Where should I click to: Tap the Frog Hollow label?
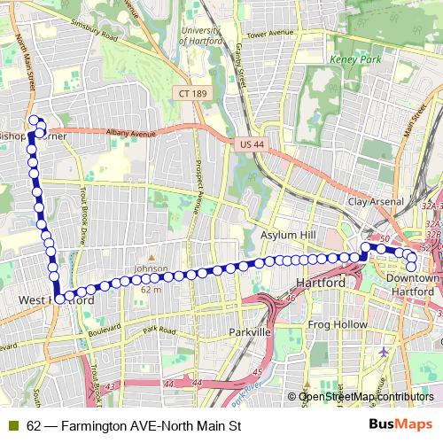(337, 324)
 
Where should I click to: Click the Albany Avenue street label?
(130, 133)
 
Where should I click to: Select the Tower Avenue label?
(269, 35)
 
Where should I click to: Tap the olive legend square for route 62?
(13, 425)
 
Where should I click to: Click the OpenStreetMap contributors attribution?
(366, 396)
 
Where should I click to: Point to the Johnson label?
(151, 268)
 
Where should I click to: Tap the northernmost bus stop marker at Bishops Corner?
(34, 120)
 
